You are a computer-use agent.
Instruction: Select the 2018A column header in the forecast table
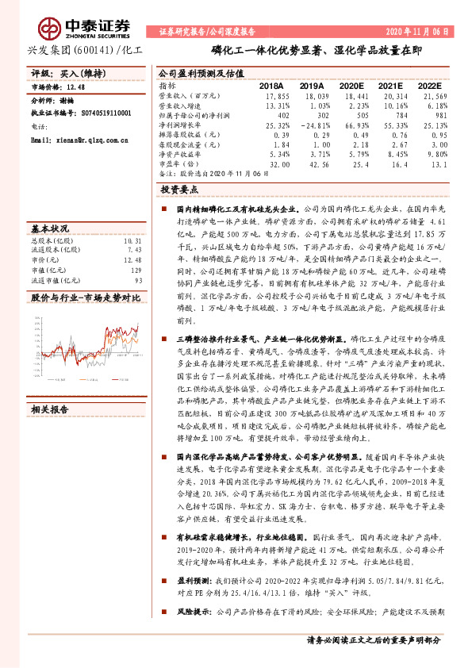pyautogui.click(x=272, y=85)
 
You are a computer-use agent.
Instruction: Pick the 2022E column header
pyautogui.click(x=429, y=85)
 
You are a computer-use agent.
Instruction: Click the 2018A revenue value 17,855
pyautogui.click(x=272, y=95)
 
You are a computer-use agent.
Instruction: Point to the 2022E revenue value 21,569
pyautogui.click(x=433, y=95)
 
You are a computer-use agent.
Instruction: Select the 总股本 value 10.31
pyautogui.click(x=132, y=240)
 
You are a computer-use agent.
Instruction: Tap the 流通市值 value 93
pyautogui.click(x=138, y=281)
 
